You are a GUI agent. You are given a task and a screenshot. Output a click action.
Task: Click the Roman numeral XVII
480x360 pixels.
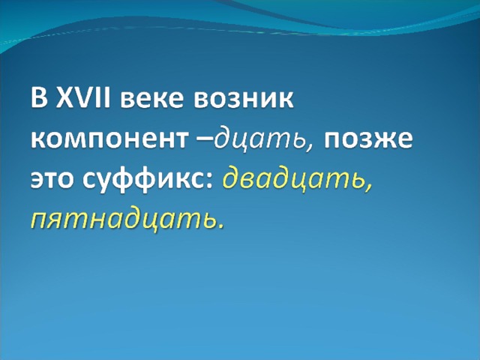click(82, 97)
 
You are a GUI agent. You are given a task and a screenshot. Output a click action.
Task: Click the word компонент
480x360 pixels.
click(109, 140)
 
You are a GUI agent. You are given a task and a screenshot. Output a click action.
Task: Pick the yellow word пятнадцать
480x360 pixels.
click(121, 220)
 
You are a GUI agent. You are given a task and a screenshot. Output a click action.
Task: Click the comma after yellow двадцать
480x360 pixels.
click(367, 187)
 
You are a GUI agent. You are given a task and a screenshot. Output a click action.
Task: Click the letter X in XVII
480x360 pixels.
click(65, 97)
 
